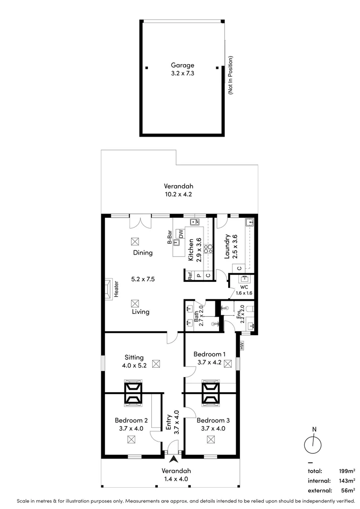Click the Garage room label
(182, 66)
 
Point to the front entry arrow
(174, 459)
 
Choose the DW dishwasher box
(181, 233)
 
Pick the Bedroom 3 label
(214, 420)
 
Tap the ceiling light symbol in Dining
(135, 241)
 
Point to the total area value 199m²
(346, 471)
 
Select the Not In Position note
(231, 75)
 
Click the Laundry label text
(227, 247)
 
